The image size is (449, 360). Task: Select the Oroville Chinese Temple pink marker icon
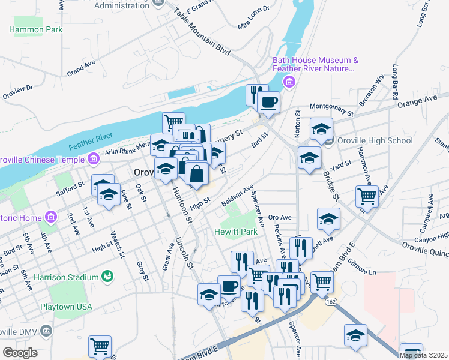coord(94,159)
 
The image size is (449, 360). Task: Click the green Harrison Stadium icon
coord(107,277)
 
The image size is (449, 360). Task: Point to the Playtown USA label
coord(66,307)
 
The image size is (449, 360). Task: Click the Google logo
coord(19,353)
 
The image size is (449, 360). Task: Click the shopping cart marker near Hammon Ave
coord(366,196)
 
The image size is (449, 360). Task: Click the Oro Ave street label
coord(279,217)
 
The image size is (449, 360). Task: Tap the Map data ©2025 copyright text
coord(423,355)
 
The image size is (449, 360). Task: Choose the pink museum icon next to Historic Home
coord(51,216)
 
